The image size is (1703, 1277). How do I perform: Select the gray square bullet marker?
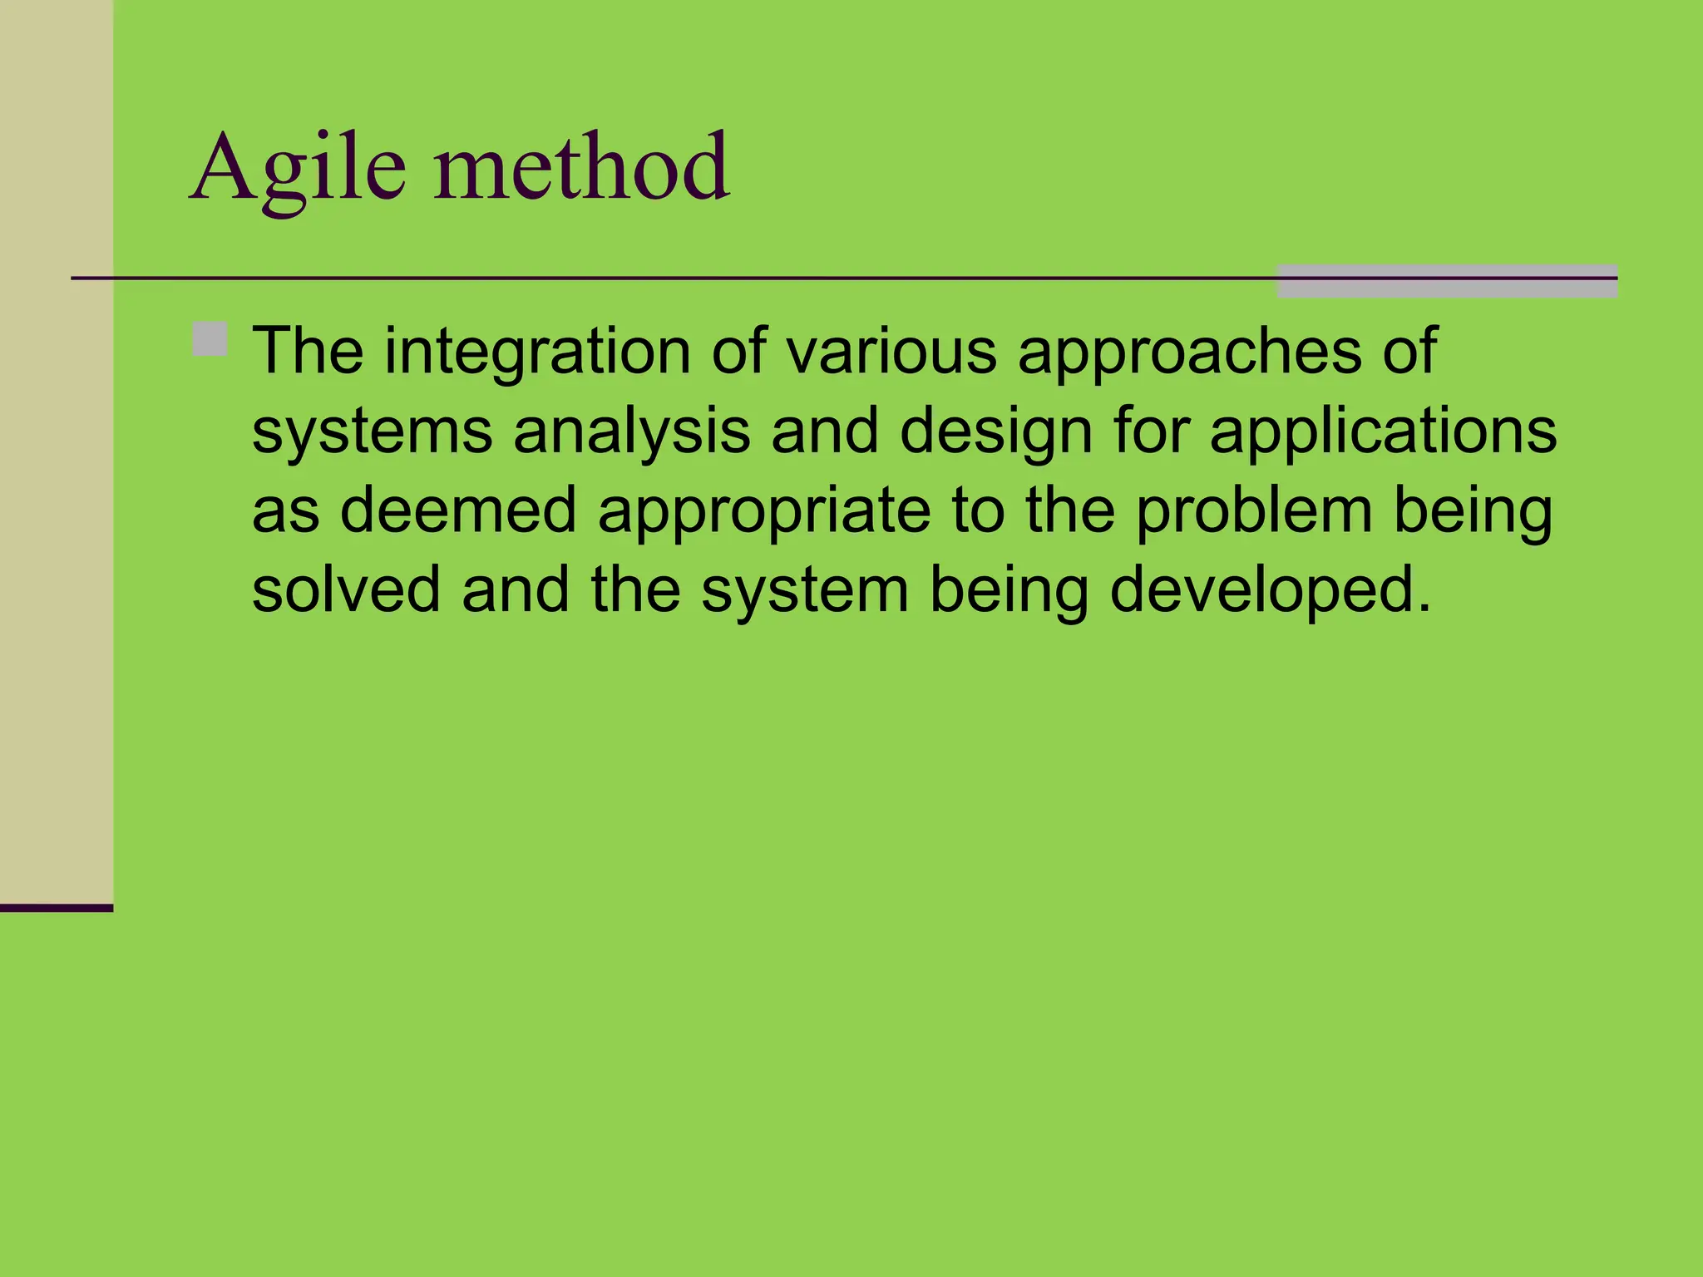point(210,339)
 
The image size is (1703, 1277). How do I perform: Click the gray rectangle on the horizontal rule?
point(1446,282)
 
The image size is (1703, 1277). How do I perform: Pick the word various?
point(891,351)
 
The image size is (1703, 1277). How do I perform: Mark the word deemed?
point(458,510)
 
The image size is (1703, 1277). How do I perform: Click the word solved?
point(346,589)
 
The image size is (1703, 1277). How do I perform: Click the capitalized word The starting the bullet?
point(308,351)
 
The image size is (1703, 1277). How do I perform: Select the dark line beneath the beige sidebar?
point(56,908)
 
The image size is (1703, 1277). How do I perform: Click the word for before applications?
point(1152,431)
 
